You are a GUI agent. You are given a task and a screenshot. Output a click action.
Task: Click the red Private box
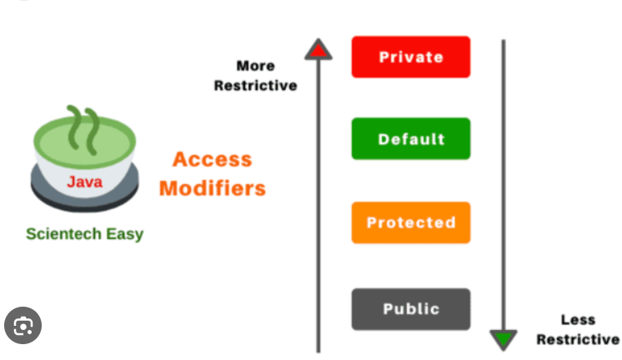click(410, 57)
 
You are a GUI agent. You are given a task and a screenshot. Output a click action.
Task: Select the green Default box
click(410, 139)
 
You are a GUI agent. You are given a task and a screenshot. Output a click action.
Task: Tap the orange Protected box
click(410, 222)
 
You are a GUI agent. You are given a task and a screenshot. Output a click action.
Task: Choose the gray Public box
click(410, 308)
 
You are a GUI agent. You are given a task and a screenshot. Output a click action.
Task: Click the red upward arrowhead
click(318, 50)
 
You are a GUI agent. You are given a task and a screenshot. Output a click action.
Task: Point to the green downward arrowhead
click(503, 339)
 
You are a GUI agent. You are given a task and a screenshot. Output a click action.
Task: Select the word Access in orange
click(212, 159)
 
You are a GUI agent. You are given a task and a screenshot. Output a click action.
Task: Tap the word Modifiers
click(212, 187)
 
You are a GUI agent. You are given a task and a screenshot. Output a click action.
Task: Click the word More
click(255, 66)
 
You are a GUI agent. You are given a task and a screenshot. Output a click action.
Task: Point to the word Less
click(578, 320)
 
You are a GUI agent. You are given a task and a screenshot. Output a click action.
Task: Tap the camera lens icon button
click(23, 324)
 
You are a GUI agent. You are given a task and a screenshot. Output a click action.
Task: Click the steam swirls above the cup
click(83, 126)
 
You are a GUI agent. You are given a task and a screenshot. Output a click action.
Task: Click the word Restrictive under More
click(255, 85)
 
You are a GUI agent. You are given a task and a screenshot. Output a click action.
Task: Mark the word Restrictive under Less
click(578, 339)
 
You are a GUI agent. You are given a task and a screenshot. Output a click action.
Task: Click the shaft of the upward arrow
click(318, 208)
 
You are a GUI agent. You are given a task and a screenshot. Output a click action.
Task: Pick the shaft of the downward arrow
click(503, 183)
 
